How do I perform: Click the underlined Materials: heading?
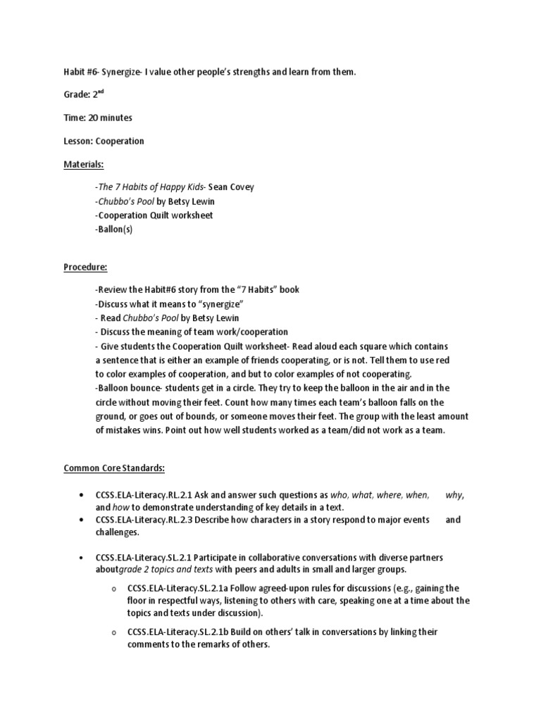[84, 164]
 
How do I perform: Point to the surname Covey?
[240, 187]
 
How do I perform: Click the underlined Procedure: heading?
[85, 268]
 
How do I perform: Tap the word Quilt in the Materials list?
[166, 215]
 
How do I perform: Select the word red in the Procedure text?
[442, 360]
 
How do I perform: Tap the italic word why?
[455, 495]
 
